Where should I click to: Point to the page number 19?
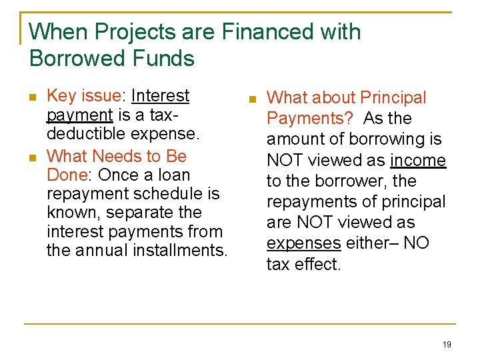446,344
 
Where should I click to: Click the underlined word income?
418,161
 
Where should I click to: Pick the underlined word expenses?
303,243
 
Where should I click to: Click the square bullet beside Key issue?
33,97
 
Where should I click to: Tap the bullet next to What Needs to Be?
33,157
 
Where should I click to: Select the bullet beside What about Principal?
253,99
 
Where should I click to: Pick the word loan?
174,175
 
